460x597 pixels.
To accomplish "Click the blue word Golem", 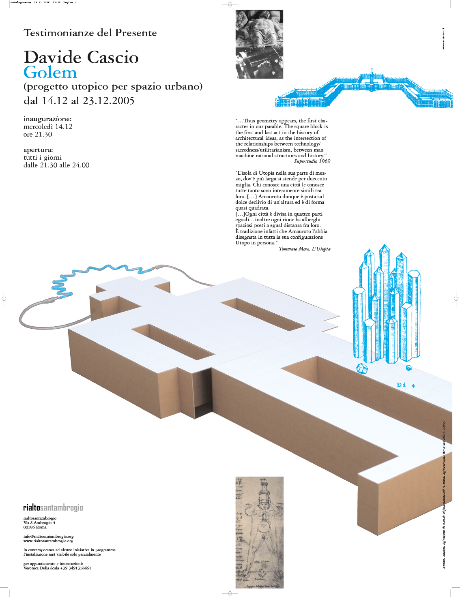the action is click(50, 73).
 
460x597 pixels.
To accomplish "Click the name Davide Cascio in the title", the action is click(81, 57).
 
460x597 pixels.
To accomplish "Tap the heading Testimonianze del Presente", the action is click(90, 33).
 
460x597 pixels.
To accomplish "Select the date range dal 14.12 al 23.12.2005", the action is click(79, 101).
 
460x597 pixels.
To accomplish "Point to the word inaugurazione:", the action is click(47, 119).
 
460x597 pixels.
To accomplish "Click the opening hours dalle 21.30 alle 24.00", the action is click(56, 165).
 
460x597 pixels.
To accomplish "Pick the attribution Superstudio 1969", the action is click(312, 161).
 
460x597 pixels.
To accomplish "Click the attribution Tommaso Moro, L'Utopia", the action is click(304, 249).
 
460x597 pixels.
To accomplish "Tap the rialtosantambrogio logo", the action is click(53, 507).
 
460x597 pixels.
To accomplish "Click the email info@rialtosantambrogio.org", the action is click(48, 536).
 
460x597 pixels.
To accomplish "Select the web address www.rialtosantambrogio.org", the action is click(48, 541).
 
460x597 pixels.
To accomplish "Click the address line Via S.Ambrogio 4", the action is click(39, 522).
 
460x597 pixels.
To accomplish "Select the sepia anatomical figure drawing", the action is click(259, 532).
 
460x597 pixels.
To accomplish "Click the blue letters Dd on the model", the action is click(401, 385).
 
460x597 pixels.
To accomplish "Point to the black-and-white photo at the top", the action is click(259, 44).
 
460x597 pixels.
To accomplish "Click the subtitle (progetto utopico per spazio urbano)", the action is click(113, 86).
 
